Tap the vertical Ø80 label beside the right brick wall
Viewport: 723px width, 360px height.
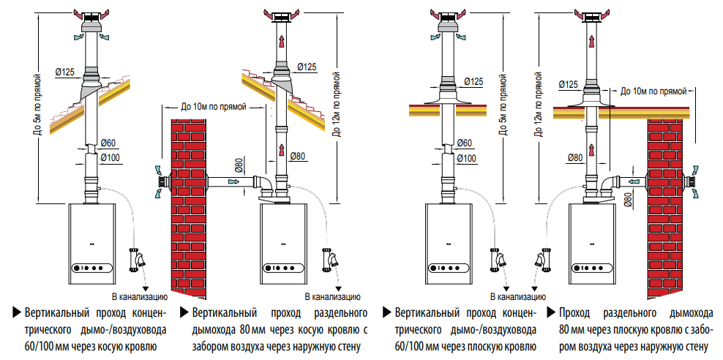626,198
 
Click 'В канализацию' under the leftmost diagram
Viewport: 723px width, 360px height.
139,297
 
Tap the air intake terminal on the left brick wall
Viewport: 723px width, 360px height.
160,181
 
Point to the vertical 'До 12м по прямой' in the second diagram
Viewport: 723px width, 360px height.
337,105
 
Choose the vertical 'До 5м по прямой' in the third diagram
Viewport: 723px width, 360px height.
503,105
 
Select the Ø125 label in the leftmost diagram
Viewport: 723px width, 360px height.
66,72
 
